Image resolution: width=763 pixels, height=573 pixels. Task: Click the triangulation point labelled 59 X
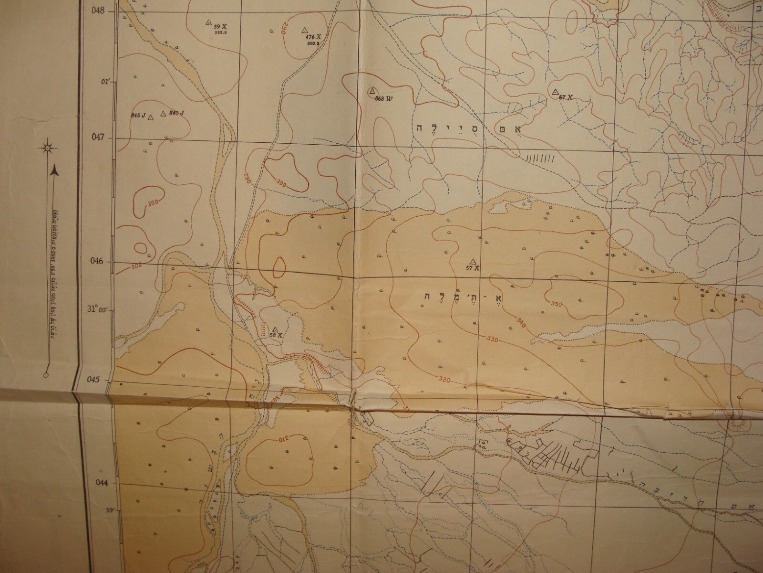(x=208, y=22)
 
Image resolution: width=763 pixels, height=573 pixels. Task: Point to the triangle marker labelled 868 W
(x=372, y=91)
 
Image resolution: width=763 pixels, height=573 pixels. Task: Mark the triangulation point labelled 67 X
(x=555, y=91)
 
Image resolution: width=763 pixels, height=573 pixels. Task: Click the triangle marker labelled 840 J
(x=163, y=113)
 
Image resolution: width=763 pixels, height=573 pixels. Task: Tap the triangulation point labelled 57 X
(x=473, y=261)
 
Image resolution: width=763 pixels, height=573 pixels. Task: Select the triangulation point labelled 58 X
(x=275, y=329)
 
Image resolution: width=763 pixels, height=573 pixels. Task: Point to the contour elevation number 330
(x=493, y=339)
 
